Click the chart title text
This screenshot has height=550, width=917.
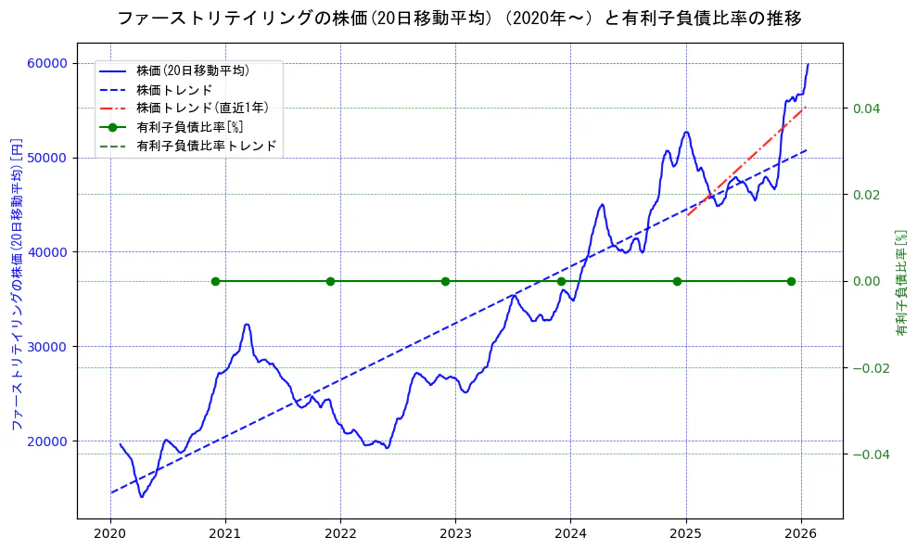(459, 19)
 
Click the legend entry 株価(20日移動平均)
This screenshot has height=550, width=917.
(192, 70)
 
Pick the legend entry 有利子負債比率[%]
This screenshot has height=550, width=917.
(189, 127)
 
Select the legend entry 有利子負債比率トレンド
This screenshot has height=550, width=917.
(206, 146)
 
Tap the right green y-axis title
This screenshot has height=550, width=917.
(901, 282)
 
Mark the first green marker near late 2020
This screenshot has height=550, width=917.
(215, 281)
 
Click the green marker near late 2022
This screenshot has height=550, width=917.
(445, 281)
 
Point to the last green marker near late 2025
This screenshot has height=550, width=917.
(791, 281)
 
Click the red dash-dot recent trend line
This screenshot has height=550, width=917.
(746, 162)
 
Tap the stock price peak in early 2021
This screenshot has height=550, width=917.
(247, 325)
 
